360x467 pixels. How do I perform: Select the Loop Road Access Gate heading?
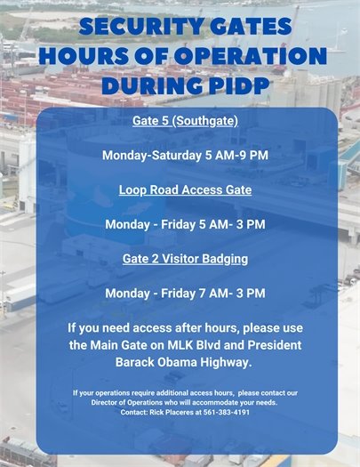(x=185, y=189)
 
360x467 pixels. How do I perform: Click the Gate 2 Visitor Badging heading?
(x=185, y=259)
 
